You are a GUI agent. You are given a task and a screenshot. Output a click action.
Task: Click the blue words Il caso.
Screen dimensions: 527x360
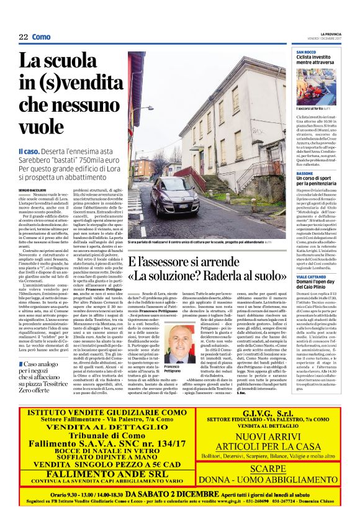[30, 151]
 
